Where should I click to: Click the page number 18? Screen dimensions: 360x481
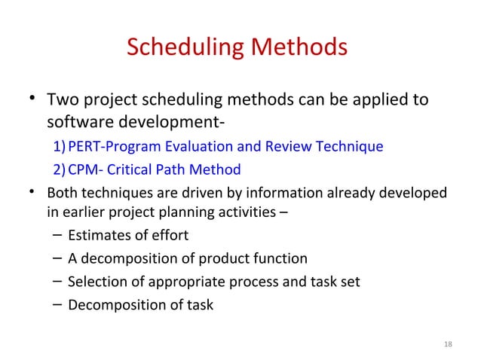click(x=449, y=345)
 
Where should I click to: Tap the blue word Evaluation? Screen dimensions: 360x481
click(x=192, y=146)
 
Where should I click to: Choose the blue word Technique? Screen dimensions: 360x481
click(x=348, y=146)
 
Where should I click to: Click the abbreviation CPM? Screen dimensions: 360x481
click(x=82, y=169)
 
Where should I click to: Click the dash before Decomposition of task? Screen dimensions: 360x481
click(x=58, y=304)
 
